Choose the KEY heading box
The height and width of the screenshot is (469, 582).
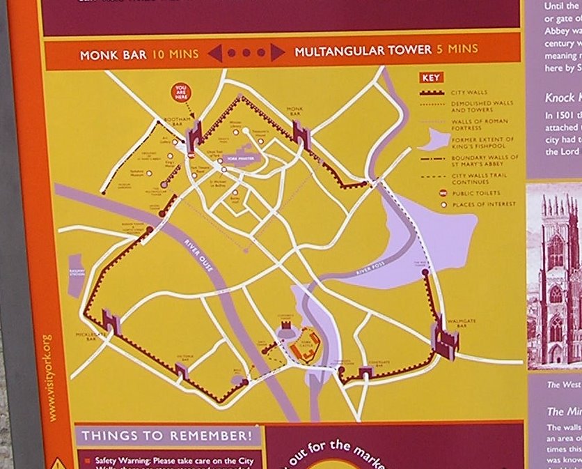430,78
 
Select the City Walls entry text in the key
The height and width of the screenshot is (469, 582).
469,92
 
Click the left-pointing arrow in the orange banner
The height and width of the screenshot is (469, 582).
214,53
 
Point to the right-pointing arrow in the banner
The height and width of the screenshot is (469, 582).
278,52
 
